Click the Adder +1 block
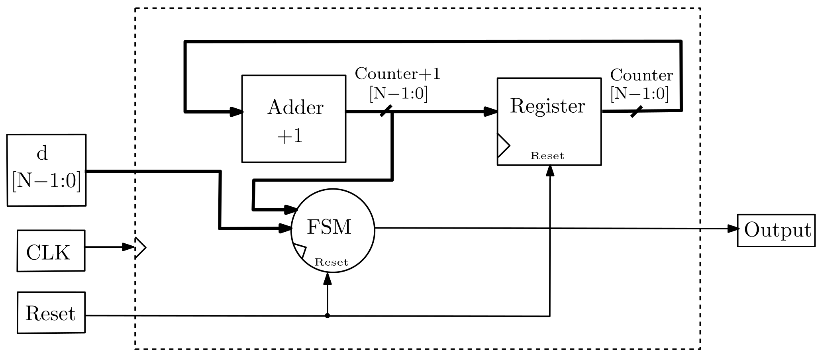click(x=294, y=119)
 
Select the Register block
click(x=549, y=121)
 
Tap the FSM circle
click(x=333, y=231)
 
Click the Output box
click(x=776, y=230)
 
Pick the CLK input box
click(x=51, y=251)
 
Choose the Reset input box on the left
click(x=51, y=313)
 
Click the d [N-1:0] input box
click(x=46, y=170)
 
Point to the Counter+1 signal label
click(x=398, y=74)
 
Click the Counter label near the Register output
click(x=641, y=75)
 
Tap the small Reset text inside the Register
click(x=547, y=156)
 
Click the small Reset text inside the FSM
click(x=331, y=262)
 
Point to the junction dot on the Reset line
click(x=328, y=316)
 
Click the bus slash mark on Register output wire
click(x=636, y=112)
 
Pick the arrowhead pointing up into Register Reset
click(x=550, y=170)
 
